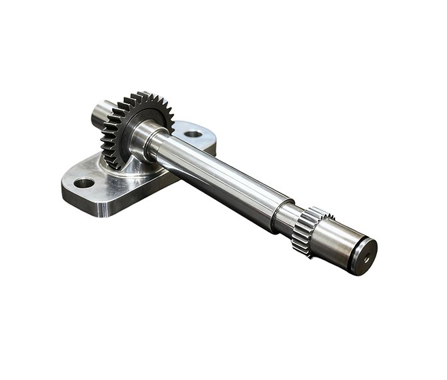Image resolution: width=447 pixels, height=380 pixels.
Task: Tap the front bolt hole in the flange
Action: [x=84, y=182]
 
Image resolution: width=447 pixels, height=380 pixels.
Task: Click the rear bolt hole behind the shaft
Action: [x=193, y=134]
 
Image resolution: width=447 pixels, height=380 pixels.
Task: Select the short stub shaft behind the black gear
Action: [x=101, y=114]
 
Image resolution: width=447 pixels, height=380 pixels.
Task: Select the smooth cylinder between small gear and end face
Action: [x=331, y=244]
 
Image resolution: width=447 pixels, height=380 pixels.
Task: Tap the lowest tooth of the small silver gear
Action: [x=303, y=252]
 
